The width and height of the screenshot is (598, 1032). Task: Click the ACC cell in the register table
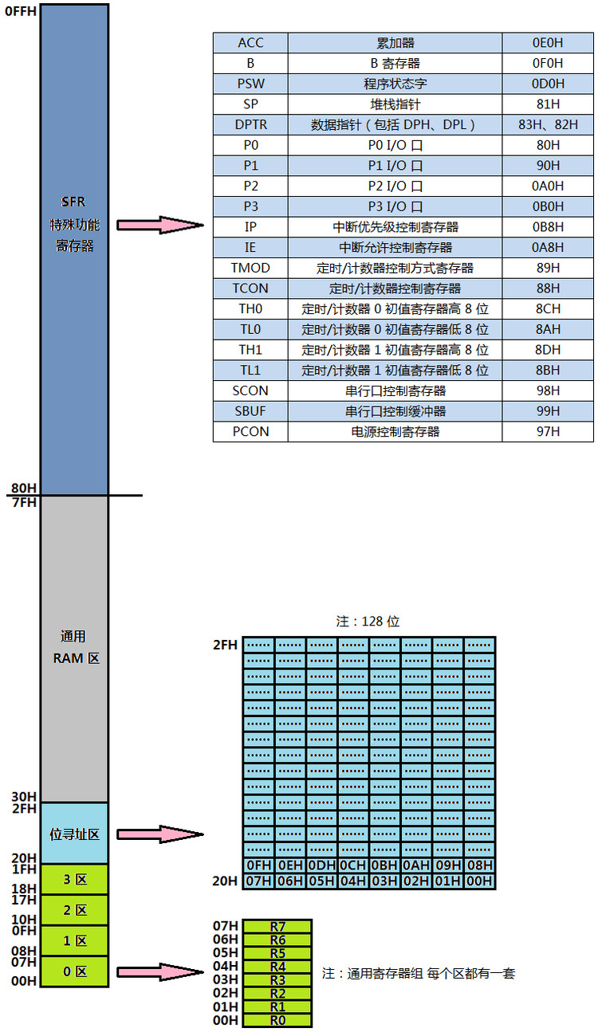point(250,43)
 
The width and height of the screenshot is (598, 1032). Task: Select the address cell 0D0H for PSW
point(548,84)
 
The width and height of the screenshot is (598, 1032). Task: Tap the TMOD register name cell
point(250,268)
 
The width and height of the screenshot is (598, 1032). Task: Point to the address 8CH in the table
point(548,308)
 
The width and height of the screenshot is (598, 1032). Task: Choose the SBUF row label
point(250,411)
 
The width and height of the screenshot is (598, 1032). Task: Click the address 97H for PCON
point(548,432)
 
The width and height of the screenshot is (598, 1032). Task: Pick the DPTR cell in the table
point(250,124)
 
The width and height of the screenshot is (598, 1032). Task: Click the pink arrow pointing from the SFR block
point(160,225)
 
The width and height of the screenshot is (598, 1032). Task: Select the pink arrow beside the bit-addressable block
point(160,834)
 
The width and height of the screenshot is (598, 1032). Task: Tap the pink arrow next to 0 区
point(160,971)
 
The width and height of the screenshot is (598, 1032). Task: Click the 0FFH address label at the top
point(20,11)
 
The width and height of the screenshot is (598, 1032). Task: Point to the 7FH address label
point(24,502)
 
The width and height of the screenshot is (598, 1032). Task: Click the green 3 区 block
point(75,880)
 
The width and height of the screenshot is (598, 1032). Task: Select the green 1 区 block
point(75,941)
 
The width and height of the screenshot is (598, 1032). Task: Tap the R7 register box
point(277,926)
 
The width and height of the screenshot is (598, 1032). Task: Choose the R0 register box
point(277,1020)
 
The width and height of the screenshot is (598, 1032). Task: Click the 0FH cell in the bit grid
point(258,865)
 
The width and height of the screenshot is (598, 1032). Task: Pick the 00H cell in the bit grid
point(479,881)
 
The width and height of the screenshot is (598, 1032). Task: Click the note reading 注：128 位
point(368,622)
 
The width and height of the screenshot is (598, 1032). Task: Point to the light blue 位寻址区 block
point(75,834)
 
